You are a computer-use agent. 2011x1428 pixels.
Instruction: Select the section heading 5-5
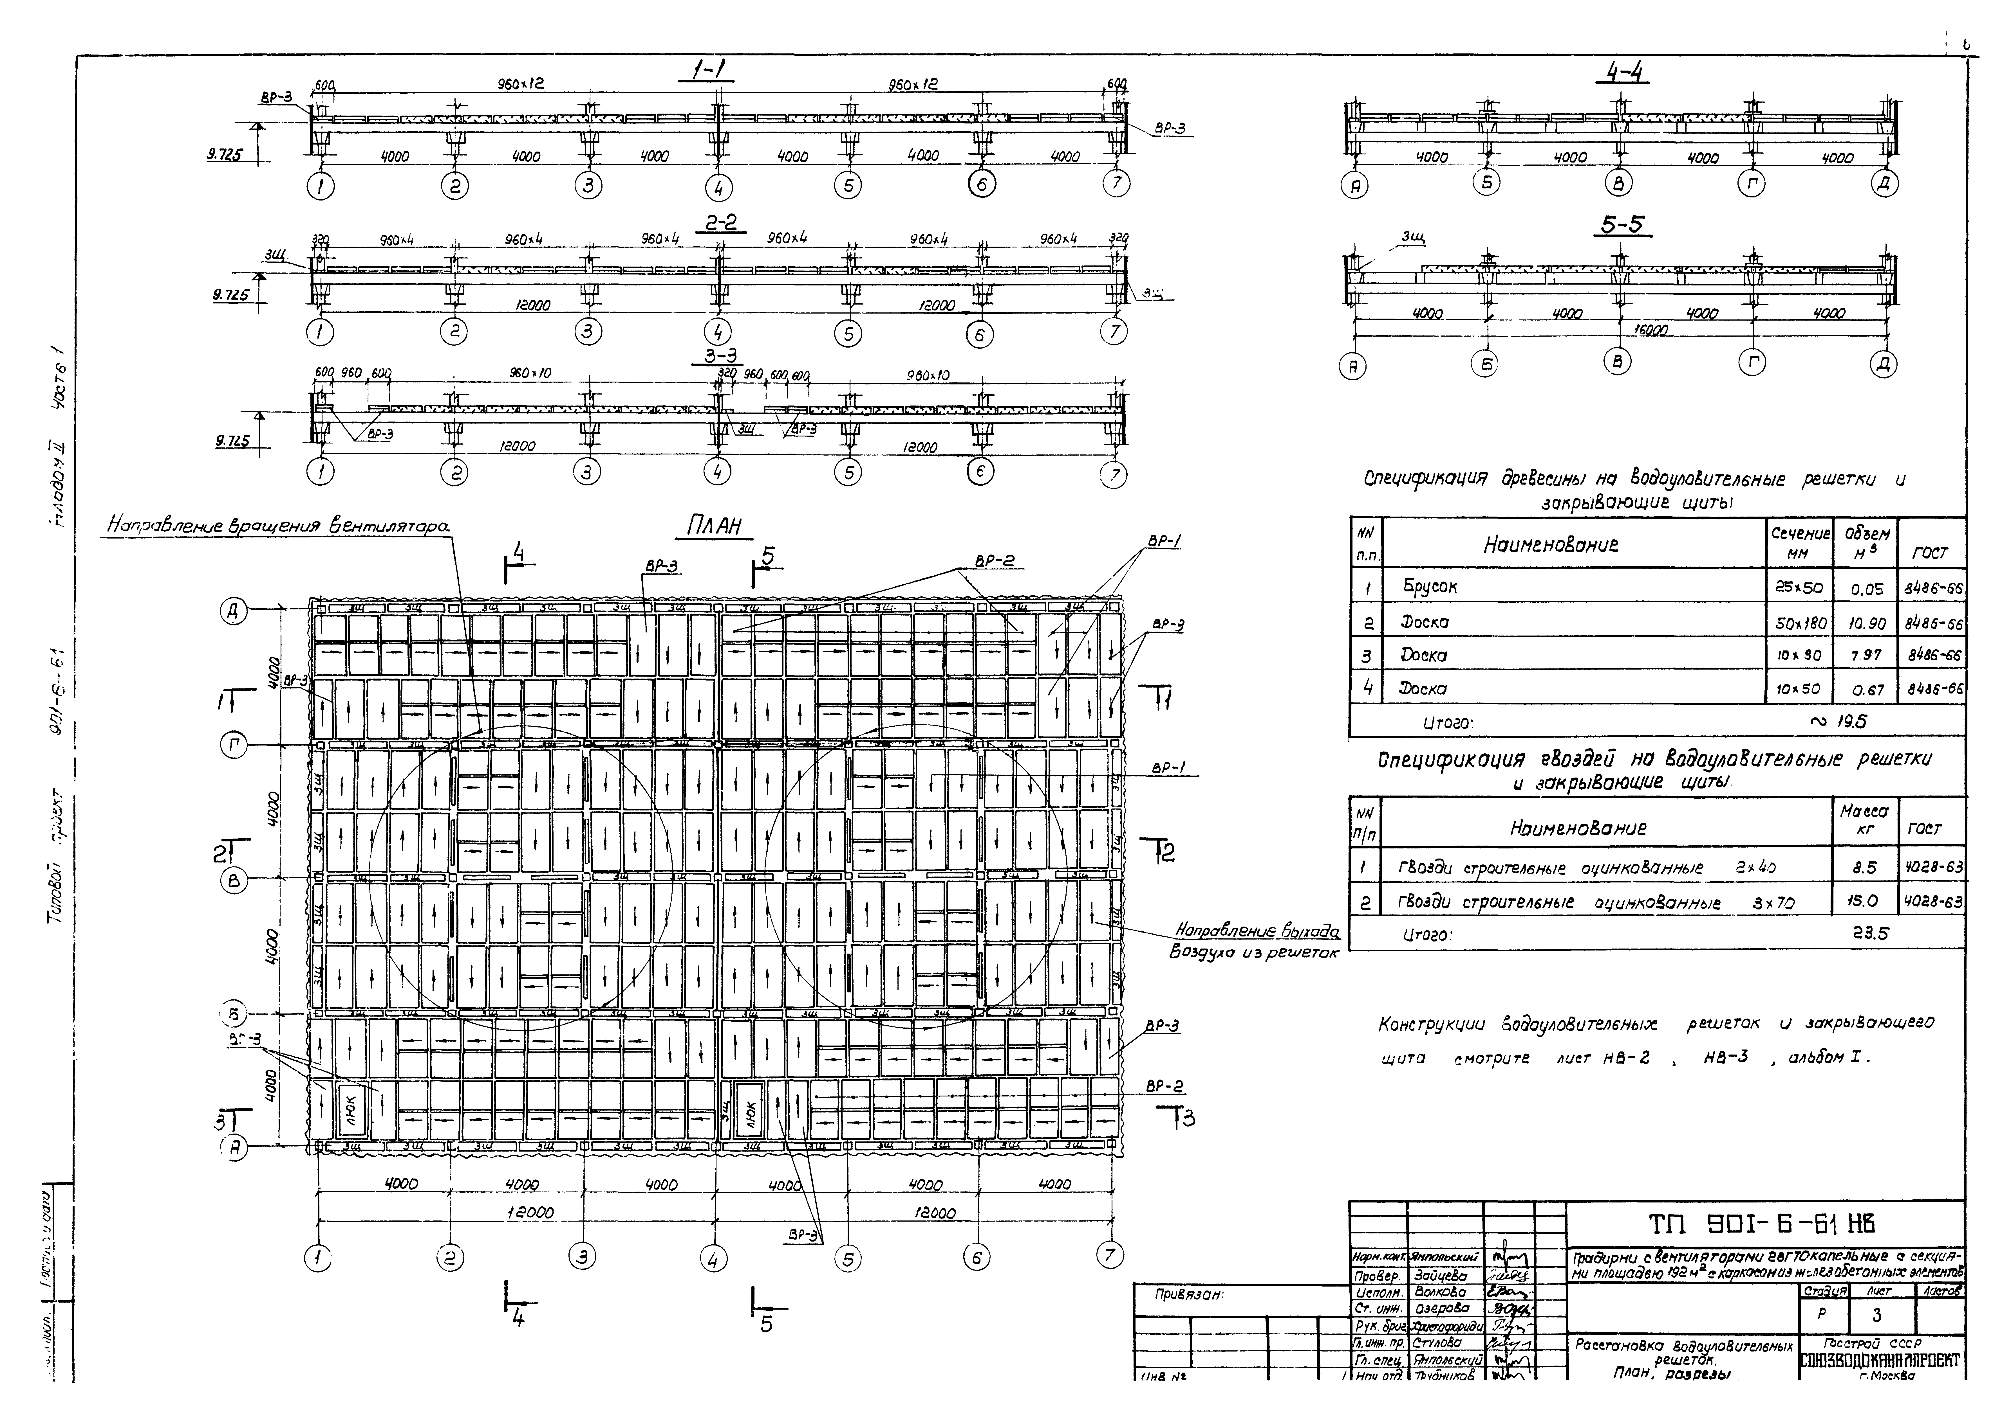[1623, 225]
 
